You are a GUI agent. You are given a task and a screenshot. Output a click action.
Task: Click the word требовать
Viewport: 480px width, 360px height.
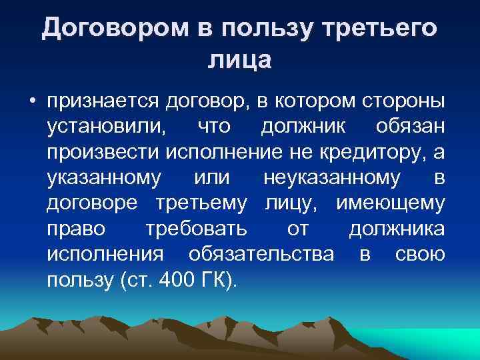(x=196, y=229)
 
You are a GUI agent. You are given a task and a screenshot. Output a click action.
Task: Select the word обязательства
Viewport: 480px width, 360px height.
(x=262, y=254)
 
